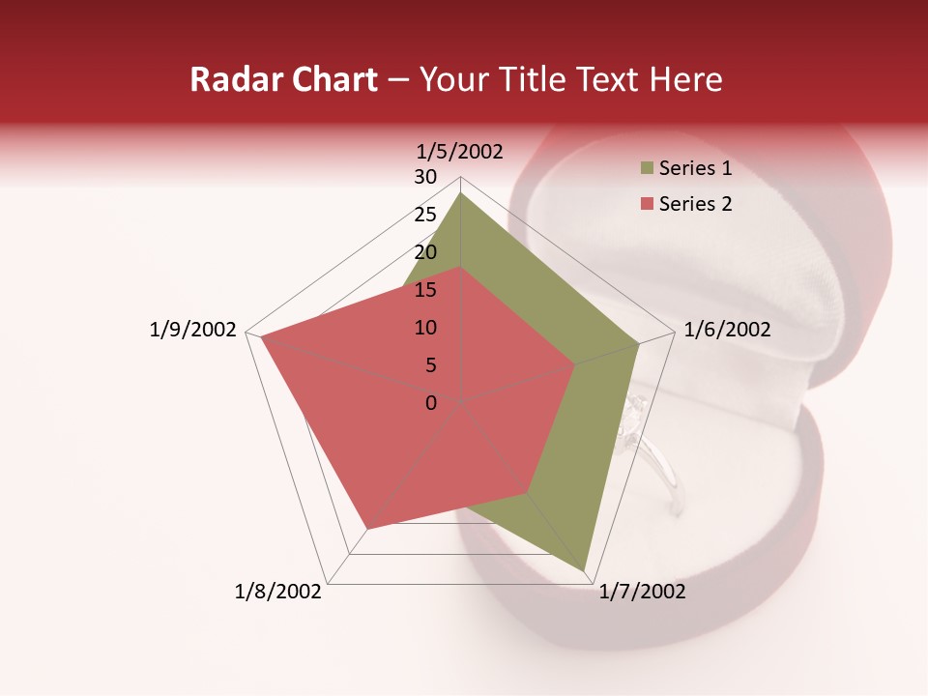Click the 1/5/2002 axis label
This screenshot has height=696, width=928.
[x=460, y=152]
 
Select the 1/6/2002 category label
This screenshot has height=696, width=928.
[x=727, y=330]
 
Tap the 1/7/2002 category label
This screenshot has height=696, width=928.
[x=642, y=592]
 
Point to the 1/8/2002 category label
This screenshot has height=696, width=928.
[x=278, y=592]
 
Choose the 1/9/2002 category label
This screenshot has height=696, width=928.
[x=192, y=330]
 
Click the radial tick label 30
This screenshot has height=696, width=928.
[x=425, y=177]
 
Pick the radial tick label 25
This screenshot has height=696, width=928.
[x=425, y=215]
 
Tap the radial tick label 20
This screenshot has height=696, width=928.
[x=425, y=252]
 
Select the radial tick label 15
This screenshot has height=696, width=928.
[x=425, y=290]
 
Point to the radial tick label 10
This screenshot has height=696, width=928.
[x=425, y=328]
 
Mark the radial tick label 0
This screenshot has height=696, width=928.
[x=431, y=403]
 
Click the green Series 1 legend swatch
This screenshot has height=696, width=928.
[x=647, y=169]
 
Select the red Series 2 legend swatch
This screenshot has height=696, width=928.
[x=647, y=204]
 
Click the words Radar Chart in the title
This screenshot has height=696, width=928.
[x=283, y=79]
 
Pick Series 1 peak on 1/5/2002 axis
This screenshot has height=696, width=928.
[x=460, y=193]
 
